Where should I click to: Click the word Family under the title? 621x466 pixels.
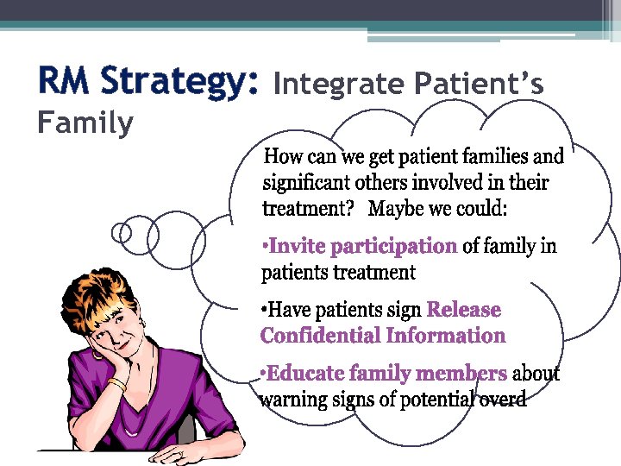(85, 123)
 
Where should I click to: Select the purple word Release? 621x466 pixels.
(463, 310)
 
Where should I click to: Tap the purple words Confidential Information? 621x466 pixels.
(382, 336)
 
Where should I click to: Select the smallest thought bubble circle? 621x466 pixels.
(123, 232)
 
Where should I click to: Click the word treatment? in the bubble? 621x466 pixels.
(304, 209)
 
